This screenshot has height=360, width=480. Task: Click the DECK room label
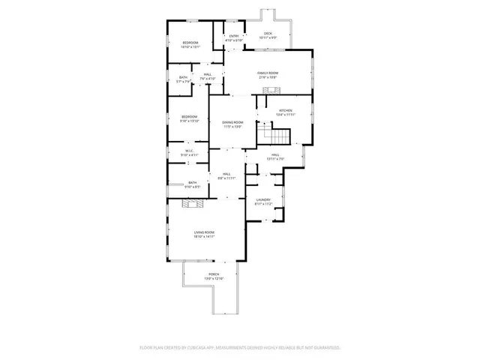tap(268, 34)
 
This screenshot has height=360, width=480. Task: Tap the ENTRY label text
tap(233, 36)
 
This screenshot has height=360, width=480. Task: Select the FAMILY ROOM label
tap(268, 72)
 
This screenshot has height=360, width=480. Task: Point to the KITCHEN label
tap(286, 110)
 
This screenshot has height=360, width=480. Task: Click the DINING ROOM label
tap(233, 122)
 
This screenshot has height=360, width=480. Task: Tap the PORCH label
tap(214, 275)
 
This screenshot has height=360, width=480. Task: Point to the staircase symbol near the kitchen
tap(274, 136)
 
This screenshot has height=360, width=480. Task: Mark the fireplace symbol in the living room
tap(195, 202)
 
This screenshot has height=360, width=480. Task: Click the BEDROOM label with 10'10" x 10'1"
tap(190, 43)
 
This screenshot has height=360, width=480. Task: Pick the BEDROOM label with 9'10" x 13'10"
tap(189, 116)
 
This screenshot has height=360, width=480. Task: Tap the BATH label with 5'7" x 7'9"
tap(183, 77)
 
